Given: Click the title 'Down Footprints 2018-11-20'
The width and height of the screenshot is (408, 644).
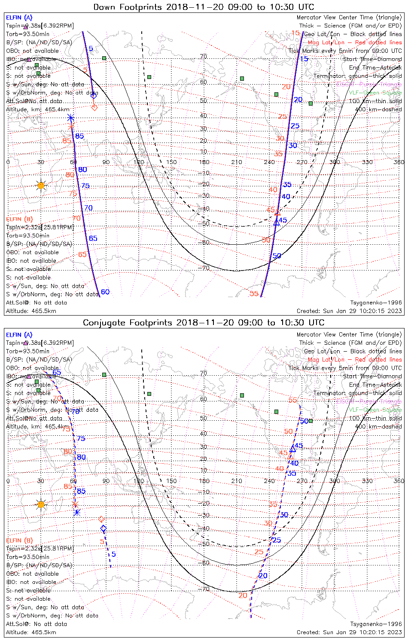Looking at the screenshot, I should pyautogui.click(x=204, y=7).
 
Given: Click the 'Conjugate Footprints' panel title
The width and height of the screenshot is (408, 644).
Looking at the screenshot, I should pyautogui.click(x=204, y=322).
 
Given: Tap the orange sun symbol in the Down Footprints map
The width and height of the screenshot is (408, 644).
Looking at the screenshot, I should pyautogui.click(x=41, y=185).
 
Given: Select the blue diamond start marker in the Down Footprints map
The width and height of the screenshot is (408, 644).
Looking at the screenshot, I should pyautogui.click(x=94, y=96).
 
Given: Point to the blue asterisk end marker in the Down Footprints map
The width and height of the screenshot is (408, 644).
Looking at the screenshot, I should pyautogui.click(x=71, y=118).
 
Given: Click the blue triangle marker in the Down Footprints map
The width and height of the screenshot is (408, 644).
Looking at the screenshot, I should pyautogui.click(x=277, y=223).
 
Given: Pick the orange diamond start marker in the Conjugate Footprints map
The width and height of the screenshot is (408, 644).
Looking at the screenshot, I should pyautogui.click(x=101, y=519).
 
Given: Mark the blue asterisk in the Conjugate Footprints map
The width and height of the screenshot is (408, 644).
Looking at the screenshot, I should pyautogui.click(x=77, y=512).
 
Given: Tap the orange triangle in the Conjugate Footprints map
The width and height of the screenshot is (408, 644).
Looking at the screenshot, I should pyautogui.click(x=290, y=456).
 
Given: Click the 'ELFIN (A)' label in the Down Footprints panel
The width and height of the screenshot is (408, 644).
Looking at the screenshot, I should pyautogui.click(x=19, y=18).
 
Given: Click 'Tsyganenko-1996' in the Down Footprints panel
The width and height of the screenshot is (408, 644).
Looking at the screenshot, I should pyautogui.click(x=376, y=303).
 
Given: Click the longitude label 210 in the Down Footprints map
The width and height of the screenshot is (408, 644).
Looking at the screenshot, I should pyautogui.click(x=237, y=162).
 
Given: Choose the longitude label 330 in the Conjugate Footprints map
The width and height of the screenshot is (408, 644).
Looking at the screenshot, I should pyautogui.click(x=367, y=481).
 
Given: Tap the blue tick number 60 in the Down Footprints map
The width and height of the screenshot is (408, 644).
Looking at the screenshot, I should pyautogui.click(x=105, y=292).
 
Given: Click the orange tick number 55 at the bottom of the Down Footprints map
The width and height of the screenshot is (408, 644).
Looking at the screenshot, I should pyautogui.click(x=254, y=294).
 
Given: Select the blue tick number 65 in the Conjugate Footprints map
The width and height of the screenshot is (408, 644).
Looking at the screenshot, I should pyautogui.click(x=57, y=373).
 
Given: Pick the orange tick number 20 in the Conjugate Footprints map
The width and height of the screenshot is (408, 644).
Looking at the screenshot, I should pyautogui.click(x=243, y=595).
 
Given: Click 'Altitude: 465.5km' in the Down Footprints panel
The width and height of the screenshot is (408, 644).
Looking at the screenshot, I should pyautogui.click(x=31, y=311).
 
